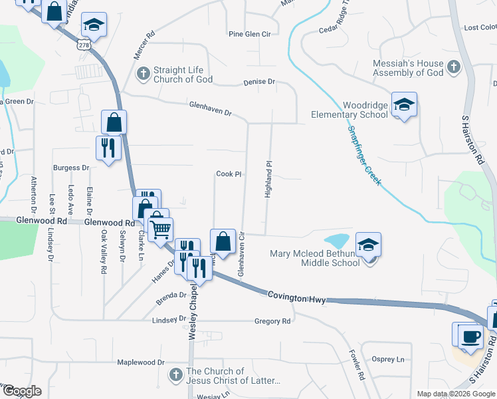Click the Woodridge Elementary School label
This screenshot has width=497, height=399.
pos(349,110)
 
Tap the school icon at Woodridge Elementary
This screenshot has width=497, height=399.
pos(404,104)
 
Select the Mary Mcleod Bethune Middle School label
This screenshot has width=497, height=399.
pos(314,257)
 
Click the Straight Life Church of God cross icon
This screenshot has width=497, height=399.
pos(143,74)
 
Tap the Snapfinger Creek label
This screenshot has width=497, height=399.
pos(363,156)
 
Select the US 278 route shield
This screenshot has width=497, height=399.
pos(84,45)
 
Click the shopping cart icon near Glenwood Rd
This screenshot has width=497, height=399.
pos(160,230)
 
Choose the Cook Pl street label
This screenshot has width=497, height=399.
pos(228,174)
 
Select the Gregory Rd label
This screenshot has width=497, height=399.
pos(272,321)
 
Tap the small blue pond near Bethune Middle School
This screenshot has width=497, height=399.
pos(338,239)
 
